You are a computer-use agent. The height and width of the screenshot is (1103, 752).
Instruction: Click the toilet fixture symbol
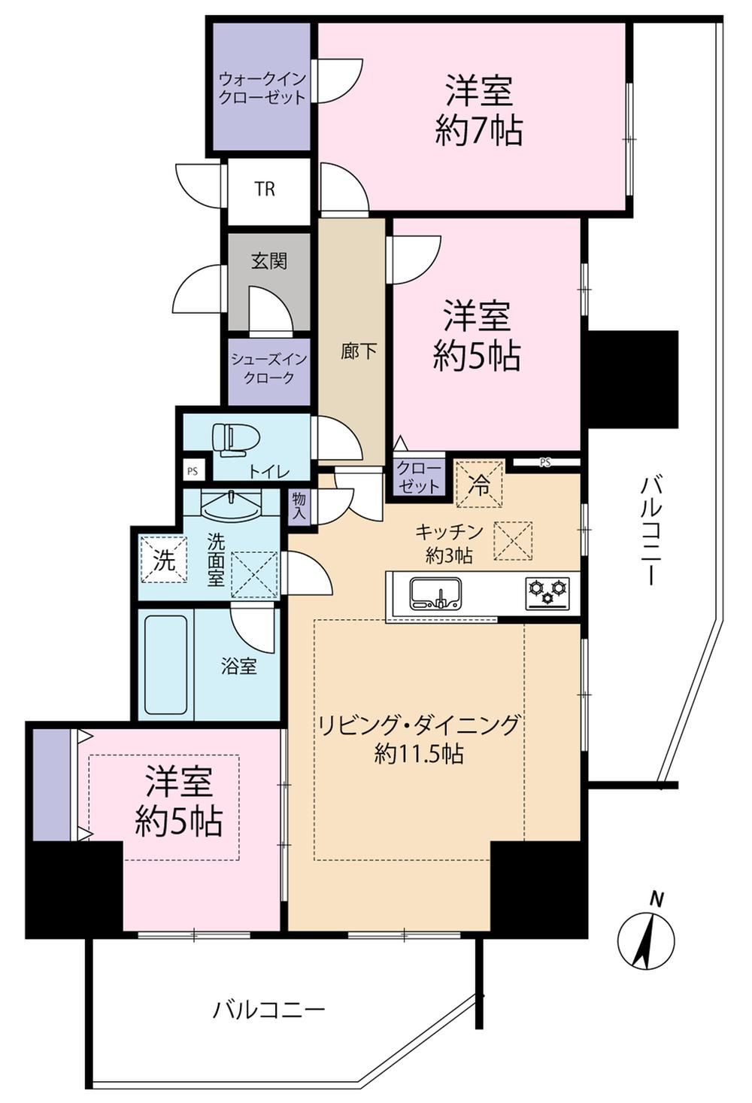(231, 440)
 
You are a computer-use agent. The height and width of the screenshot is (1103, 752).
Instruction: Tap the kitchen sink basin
(436, 592)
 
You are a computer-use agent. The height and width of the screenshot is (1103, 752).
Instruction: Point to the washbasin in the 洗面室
(232, 504)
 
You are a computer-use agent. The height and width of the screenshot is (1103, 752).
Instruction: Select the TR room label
(265, 189)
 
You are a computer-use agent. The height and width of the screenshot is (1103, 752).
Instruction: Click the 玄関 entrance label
(269, 261)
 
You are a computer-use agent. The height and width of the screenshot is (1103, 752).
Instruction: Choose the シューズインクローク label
(268, 368)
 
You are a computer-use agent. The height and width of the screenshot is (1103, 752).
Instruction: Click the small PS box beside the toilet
(193, 470)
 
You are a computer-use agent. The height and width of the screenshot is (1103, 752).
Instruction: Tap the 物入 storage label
(299, 506)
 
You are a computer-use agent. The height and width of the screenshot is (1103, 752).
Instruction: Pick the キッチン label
(449, 532)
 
